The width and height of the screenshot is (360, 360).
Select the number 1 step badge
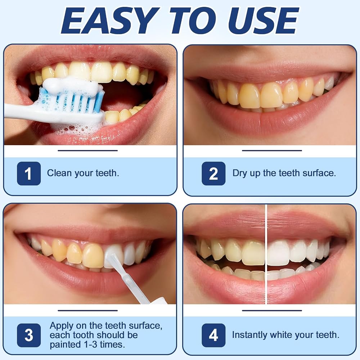point(29,174)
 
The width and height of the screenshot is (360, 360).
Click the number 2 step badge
point(213,174)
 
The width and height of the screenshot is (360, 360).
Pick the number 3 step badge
point(29,335)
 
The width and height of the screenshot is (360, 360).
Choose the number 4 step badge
point(213,335)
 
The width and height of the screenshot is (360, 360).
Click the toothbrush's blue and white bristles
point(71,101)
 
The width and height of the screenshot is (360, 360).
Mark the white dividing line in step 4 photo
point(266,254)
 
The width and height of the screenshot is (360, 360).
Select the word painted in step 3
point(62,345)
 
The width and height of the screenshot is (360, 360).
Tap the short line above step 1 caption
point(88,150)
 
